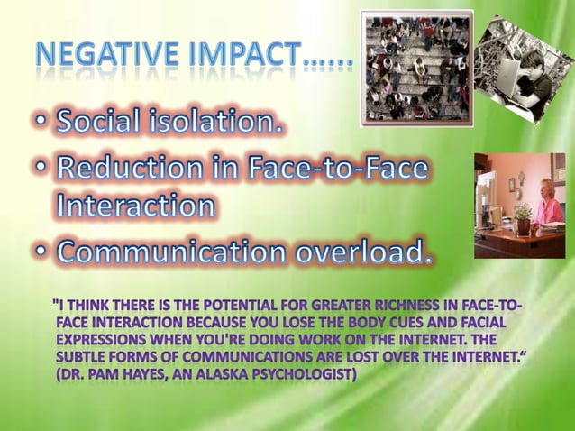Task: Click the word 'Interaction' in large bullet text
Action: click(x=135, y=206)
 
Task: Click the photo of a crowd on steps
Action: click(x=416, y=68)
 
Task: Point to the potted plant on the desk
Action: click(x=522, y=216)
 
